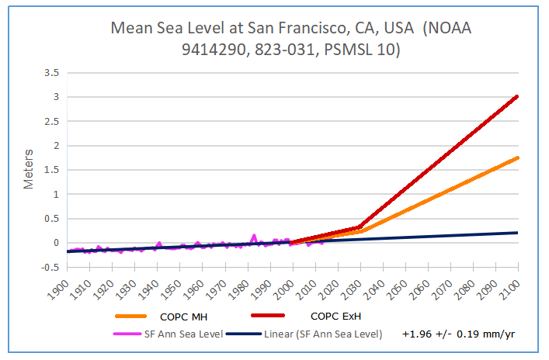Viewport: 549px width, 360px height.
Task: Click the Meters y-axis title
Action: tap(30, 169)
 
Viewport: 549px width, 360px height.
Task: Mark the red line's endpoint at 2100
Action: tap(517, 96)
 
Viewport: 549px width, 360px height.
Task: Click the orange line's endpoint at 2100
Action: tap(517, 157)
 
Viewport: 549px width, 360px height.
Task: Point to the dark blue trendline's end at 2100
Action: tap(517, 233)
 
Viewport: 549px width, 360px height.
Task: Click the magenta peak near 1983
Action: tap(254, 235)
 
